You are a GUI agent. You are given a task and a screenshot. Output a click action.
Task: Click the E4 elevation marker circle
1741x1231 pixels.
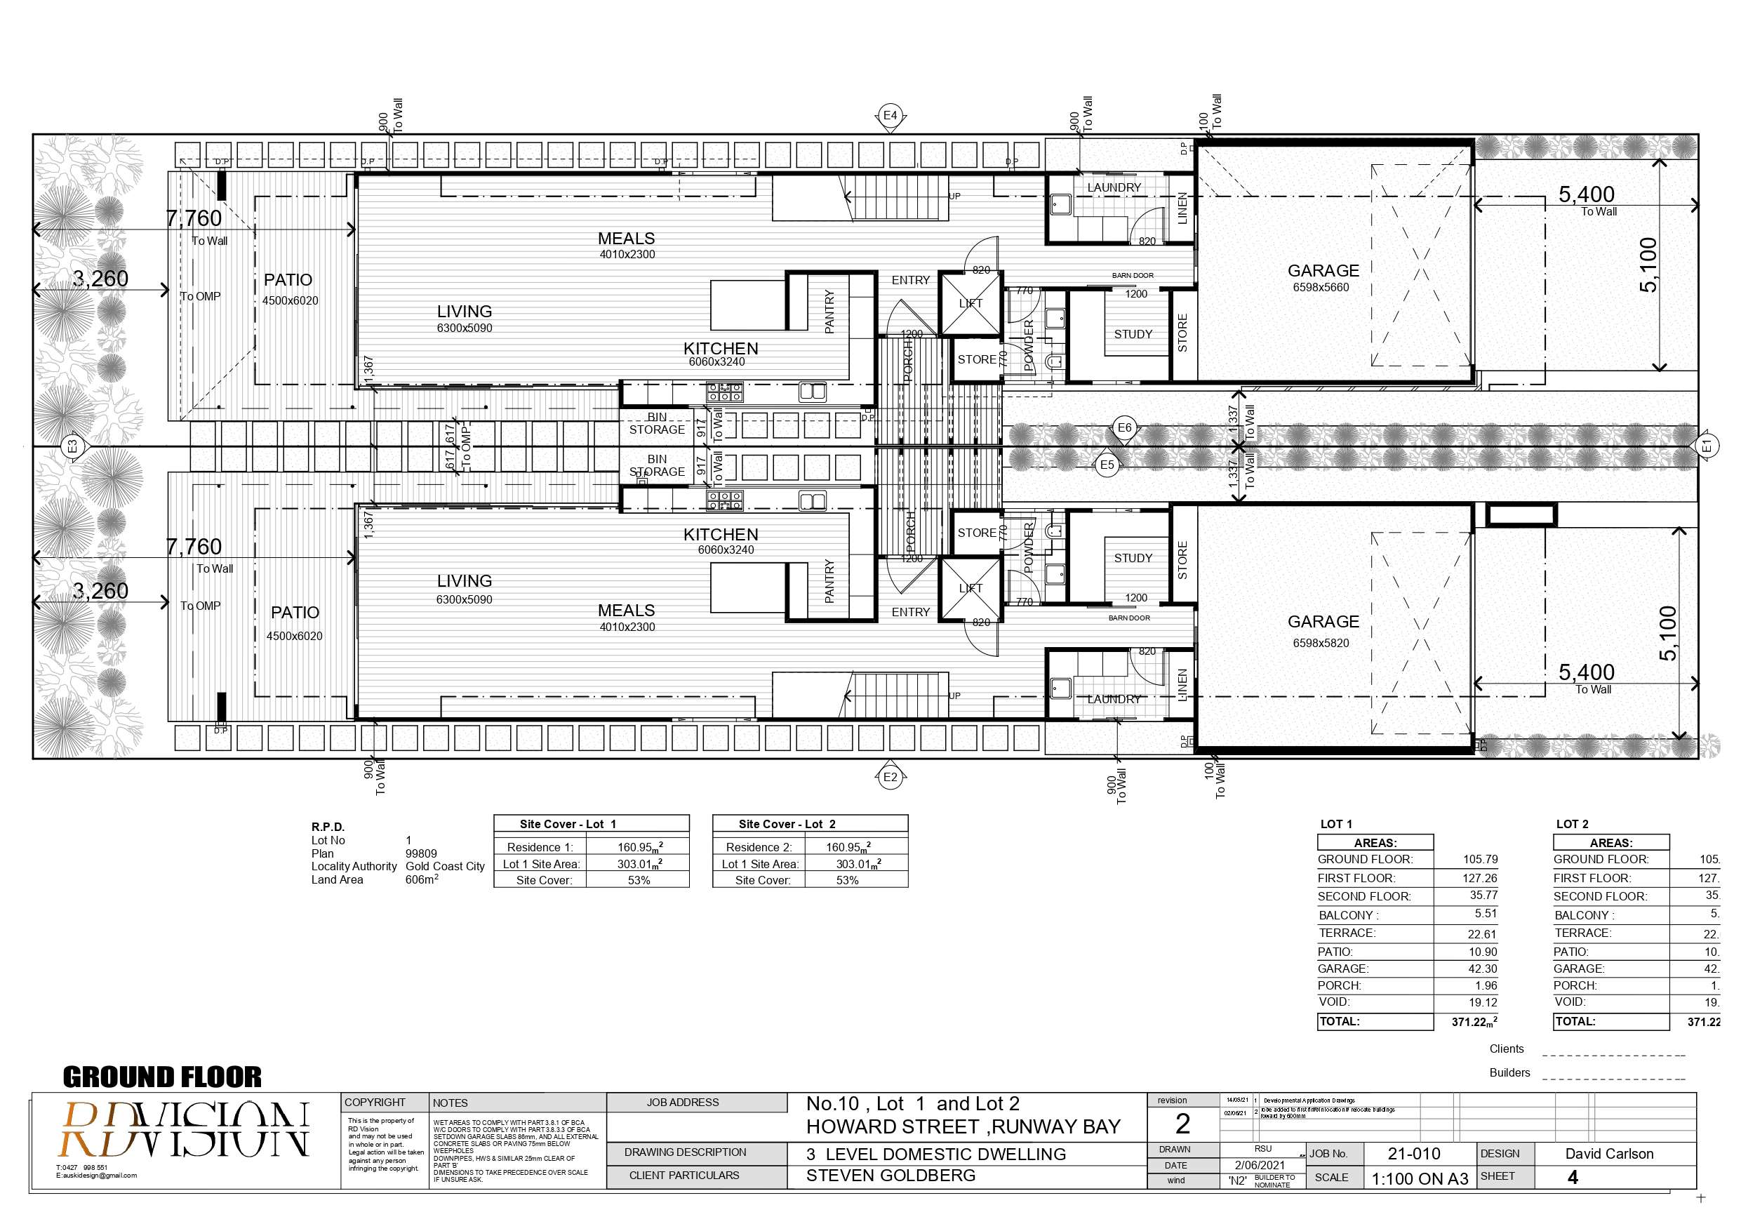(x=890, y=116)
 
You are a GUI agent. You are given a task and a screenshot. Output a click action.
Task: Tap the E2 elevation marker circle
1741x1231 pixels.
(x=890, y=777)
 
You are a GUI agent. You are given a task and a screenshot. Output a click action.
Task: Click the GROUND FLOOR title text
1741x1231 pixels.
(x=161, y=1077)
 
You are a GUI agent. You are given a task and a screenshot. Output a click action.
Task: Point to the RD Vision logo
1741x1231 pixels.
(x=185, y=1129)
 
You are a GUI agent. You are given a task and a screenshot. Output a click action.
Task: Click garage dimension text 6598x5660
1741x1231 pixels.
(x=1321, y=288)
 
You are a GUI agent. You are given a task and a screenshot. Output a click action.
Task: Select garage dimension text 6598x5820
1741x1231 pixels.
(x=1321, y=643)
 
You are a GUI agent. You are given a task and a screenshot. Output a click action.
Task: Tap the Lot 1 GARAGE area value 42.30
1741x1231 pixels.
(x=1483, y=969)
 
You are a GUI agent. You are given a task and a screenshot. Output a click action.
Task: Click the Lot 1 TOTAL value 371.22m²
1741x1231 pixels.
(x=1474, y=1022)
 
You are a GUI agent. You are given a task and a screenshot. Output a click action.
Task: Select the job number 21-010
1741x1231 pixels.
(x=1413, y=1154)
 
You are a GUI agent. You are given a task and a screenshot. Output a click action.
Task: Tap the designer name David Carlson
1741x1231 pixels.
(x=1609, y=1154)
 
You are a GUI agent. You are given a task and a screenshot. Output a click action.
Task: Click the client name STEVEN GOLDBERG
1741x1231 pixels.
(x=890, y=1176)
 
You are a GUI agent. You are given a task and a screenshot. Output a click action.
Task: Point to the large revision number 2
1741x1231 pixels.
(x=1182, y=1124)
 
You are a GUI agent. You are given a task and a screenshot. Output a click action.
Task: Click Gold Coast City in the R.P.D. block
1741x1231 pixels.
(x=444, y=866)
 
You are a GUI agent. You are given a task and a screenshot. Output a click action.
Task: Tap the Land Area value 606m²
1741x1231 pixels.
(x=421, y=879)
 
